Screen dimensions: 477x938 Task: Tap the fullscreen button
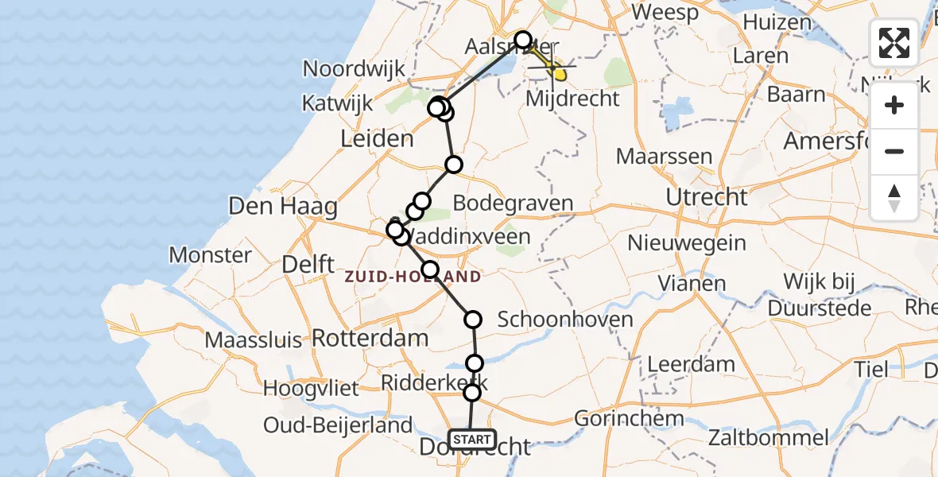(894, 43)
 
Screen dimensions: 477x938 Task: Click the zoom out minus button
(894, 151)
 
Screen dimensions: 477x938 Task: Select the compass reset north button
(894, 197)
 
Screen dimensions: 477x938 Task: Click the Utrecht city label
(707, 196)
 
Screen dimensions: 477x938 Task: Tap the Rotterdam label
(370, 337)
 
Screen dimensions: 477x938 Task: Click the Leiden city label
(377, 139)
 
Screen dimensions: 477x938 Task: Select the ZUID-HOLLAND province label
(413, 277)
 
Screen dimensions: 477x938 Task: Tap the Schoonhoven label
(565, 320)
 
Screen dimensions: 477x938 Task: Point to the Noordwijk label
(355, 68)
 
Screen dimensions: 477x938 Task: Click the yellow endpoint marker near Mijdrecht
(560, 75)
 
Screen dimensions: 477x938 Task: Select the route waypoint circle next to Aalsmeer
(522, 40)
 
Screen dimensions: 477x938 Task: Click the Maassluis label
(254, 340)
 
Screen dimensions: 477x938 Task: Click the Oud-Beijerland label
(338, 425)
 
